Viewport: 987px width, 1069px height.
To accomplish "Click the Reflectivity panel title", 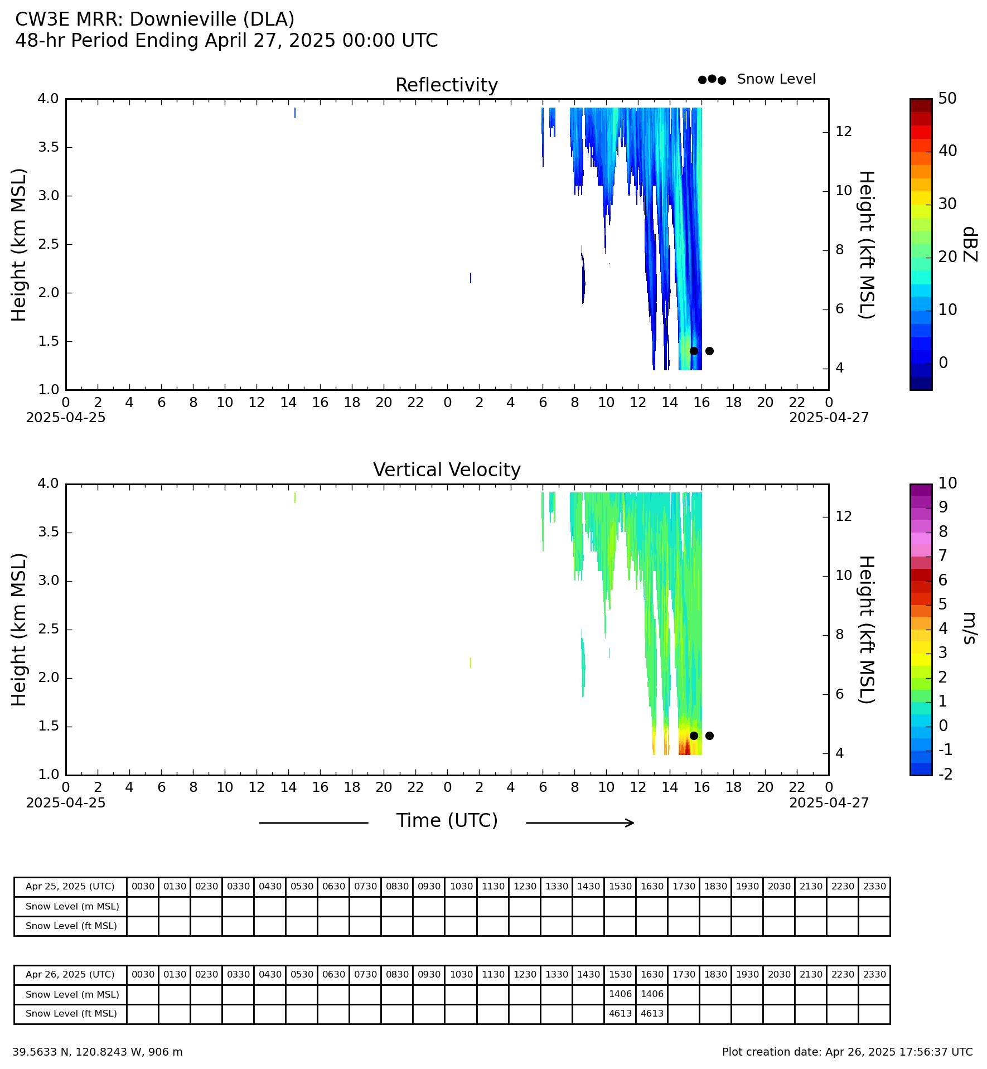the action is [447, 85].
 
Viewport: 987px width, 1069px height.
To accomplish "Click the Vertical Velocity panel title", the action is [447, 470].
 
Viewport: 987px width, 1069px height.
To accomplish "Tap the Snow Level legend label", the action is [776, 79].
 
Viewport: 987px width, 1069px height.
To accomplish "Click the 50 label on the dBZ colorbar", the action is [947, 99].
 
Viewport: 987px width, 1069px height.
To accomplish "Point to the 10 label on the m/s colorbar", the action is [947, 483].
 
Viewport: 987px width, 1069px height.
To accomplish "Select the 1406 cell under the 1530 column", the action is [620, 994].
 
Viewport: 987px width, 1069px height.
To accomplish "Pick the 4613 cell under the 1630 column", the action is [652, 1013].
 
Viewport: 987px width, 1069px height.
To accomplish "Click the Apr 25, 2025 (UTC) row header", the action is [70, 887].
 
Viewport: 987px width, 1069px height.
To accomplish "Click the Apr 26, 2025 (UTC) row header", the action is [70, 975].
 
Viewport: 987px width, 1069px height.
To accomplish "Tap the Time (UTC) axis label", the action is [447, 821].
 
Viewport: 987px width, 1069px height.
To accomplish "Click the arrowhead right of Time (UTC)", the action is [631, 823].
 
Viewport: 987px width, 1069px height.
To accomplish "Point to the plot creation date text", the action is [847, 1052].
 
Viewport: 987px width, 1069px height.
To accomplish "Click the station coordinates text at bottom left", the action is [98, 1052].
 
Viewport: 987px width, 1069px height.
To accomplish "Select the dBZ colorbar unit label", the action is [970, 244].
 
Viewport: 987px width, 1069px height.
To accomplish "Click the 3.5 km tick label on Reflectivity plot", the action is [48, 147].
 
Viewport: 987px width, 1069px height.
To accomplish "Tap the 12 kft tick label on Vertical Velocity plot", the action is [844, 516].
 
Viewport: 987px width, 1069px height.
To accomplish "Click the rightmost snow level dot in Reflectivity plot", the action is [709, 351].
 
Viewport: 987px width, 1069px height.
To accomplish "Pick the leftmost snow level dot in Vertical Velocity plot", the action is [694, 736].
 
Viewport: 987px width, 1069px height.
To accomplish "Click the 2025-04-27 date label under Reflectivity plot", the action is [829, 418].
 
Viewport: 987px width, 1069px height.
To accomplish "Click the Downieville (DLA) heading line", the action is [154, 20].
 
